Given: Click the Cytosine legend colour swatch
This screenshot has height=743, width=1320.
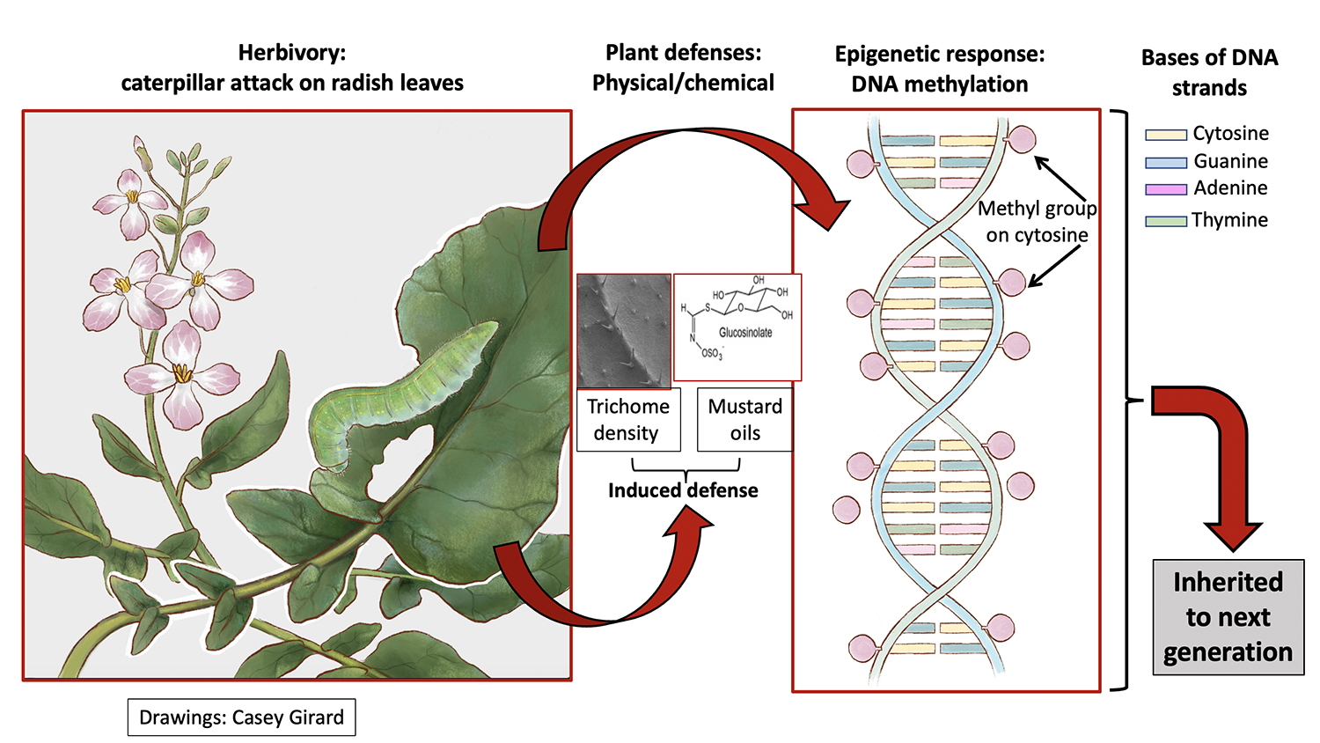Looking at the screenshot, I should point(1166,135).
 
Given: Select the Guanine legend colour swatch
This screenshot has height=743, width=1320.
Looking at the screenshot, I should point(1166,163).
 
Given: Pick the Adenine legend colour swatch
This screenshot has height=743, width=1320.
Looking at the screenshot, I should point(1166,189).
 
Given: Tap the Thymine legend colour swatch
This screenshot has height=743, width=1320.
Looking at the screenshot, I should point(1166,221).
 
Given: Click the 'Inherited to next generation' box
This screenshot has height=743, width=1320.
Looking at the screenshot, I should point(1228,617).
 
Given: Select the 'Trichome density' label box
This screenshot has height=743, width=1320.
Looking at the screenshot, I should point(628,420).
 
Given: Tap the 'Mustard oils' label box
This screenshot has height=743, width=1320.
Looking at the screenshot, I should point(744,420).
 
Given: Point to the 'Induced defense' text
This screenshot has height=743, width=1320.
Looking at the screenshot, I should point(683,490).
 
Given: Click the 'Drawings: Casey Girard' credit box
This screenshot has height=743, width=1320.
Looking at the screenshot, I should point(241,717).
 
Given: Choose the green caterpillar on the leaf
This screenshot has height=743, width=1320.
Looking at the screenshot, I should point(396,387).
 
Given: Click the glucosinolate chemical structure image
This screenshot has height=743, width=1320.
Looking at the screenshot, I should point(737,327).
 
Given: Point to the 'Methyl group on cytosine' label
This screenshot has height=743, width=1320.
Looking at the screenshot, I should point(1037,222).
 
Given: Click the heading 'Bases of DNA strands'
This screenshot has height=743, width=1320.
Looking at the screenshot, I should point(1209,72).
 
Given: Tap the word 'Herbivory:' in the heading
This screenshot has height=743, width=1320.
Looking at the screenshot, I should point(292,53).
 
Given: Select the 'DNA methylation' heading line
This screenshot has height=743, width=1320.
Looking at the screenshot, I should point(939,85).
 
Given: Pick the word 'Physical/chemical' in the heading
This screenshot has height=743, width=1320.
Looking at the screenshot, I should point(683,83).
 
